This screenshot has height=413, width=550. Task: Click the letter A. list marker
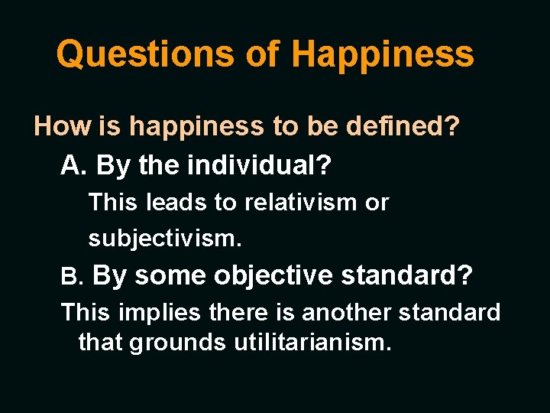pos(75,164)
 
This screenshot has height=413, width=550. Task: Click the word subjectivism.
pos(165,239)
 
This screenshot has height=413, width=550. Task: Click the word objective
pos(273,276)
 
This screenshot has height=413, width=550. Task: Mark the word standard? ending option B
pos(406,276)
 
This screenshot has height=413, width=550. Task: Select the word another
pos(348,312)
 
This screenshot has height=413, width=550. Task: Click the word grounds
pos(177,342)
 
